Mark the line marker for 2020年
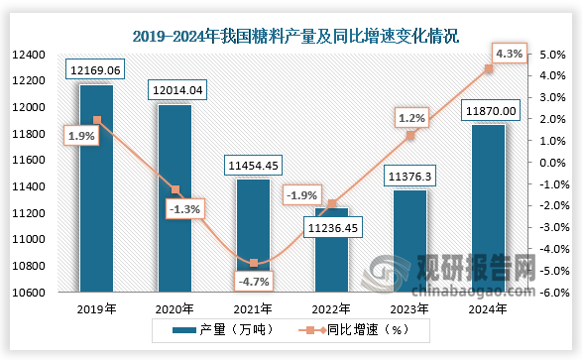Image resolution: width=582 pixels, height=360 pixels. click(x=175, y=189)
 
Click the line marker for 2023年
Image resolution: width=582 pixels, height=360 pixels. click(x=410, y=135)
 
